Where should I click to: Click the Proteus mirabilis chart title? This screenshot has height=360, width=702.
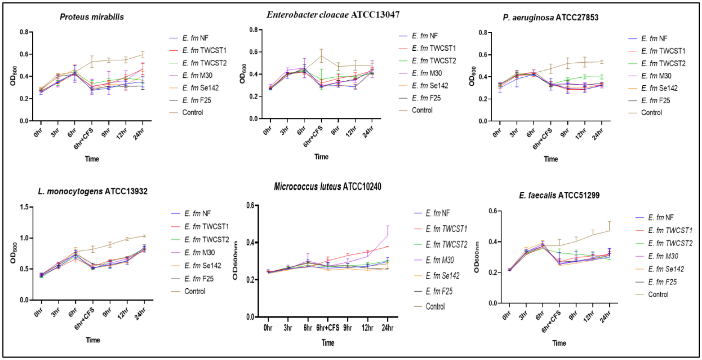(92, 17)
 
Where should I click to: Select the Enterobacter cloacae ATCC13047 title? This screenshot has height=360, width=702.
(333, 15)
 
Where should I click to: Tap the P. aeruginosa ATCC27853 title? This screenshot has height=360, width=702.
(550, 17)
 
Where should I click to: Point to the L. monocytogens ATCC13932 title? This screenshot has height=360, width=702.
(92, 191)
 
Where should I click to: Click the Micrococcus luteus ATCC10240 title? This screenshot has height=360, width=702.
(327, 187)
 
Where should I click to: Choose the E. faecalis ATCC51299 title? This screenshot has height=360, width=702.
(559, 195)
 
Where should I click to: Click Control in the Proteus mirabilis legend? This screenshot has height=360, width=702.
(192, 113)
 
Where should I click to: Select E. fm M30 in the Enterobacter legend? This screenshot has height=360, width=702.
(426, 73)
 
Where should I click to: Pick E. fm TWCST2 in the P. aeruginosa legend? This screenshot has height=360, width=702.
(663, 63)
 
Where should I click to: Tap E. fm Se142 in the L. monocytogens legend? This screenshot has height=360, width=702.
(202, 266)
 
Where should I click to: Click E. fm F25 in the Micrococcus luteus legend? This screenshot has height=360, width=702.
(439, 291)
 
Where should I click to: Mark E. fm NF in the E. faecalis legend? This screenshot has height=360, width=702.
(660, 217)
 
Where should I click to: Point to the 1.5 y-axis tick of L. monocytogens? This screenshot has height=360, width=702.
(24, 207)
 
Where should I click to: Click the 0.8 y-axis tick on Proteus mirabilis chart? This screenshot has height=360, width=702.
(24, 32)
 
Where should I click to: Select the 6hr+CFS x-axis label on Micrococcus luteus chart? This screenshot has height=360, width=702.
(327, 328)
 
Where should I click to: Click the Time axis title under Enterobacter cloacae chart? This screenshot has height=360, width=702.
(321, 157)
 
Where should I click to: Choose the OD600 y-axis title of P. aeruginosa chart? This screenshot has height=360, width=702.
(472, 77)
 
